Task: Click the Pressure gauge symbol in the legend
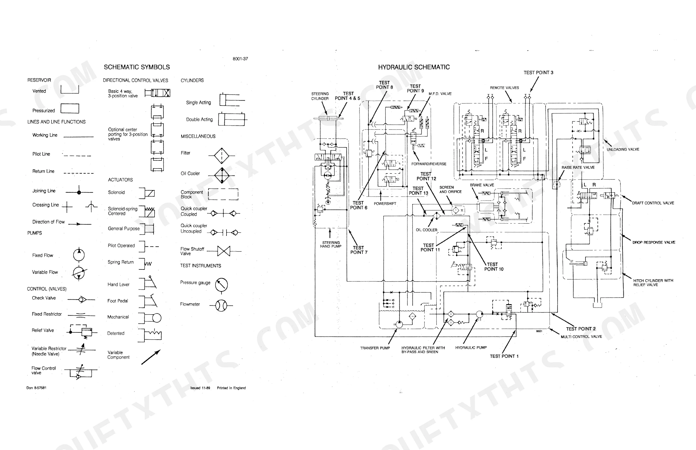coord(221,285)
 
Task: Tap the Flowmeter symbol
coord(221,306)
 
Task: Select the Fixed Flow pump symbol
coord(79,255)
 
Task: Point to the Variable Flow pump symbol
coord(79,273)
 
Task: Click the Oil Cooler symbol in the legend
coord(222,175)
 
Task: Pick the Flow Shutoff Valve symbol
coord(224,251)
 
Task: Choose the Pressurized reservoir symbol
coord(70,109)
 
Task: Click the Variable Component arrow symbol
coord(151,357)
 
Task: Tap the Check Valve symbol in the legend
coord(81,299)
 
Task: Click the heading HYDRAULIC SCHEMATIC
coord(414,67)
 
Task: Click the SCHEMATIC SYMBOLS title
coord(137,67)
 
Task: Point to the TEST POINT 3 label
coord(538,73)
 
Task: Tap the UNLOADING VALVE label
coord(623,149)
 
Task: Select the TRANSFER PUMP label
coord(375,348)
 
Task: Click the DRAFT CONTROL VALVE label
coord(653,203)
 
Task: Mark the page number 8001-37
coord(240,59)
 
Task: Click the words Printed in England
coord(231,388)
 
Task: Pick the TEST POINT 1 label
coord(504,356)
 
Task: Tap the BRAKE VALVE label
coord(482,185)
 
